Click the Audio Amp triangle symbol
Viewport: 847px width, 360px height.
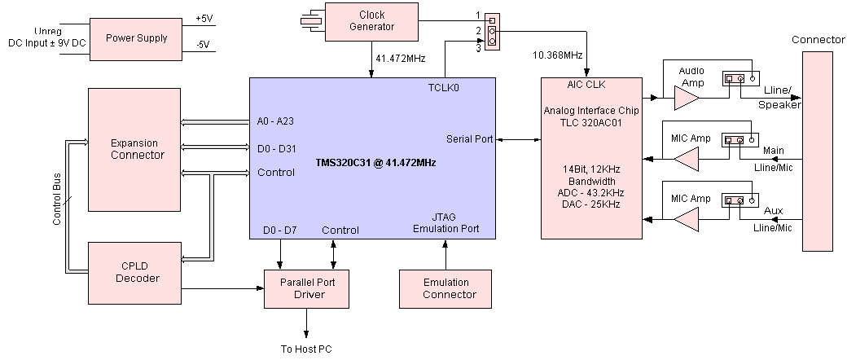(687, 99)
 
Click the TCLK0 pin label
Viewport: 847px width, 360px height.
(444, 86)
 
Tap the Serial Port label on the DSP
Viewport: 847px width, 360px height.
(470, 139)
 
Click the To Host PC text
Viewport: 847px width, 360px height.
(306, 349)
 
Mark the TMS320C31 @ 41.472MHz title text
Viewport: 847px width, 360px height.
(375, 163)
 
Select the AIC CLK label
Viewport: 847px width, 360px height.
(586, 86)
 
